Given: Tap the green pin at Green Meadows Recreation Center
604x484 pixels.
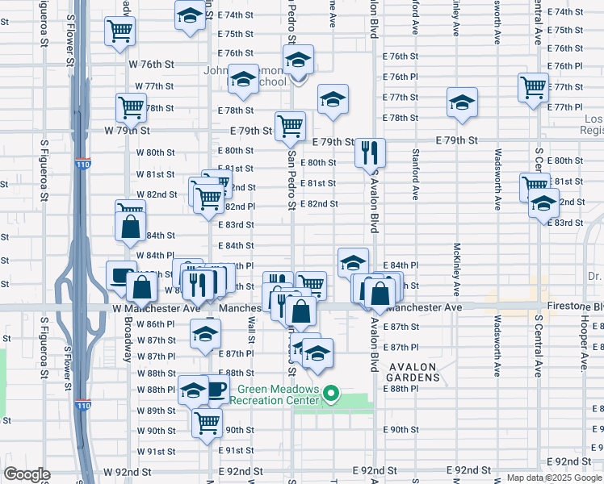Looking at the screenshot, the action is tap(330, 394).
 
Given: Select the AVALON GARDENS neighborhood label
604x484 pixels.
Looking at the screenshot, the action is tap(413, 373).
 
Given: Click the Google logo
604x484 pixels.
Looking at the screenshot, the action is tap(27, 474).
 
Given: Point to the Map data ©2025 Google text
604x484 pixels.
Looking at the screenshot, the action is tap(553, 478).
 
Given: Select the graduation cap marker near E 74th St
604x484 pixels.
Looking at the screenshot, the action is tap(191, 15).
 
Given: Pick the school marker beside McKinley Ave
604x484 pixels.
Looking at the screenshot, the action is tap(462, 102).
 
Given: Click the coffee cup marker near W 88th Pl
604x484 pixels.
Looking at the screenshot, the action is tap(216, 391).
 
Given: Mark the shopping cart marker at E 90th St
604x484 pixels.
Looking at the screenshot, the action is tap(208, 420).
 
